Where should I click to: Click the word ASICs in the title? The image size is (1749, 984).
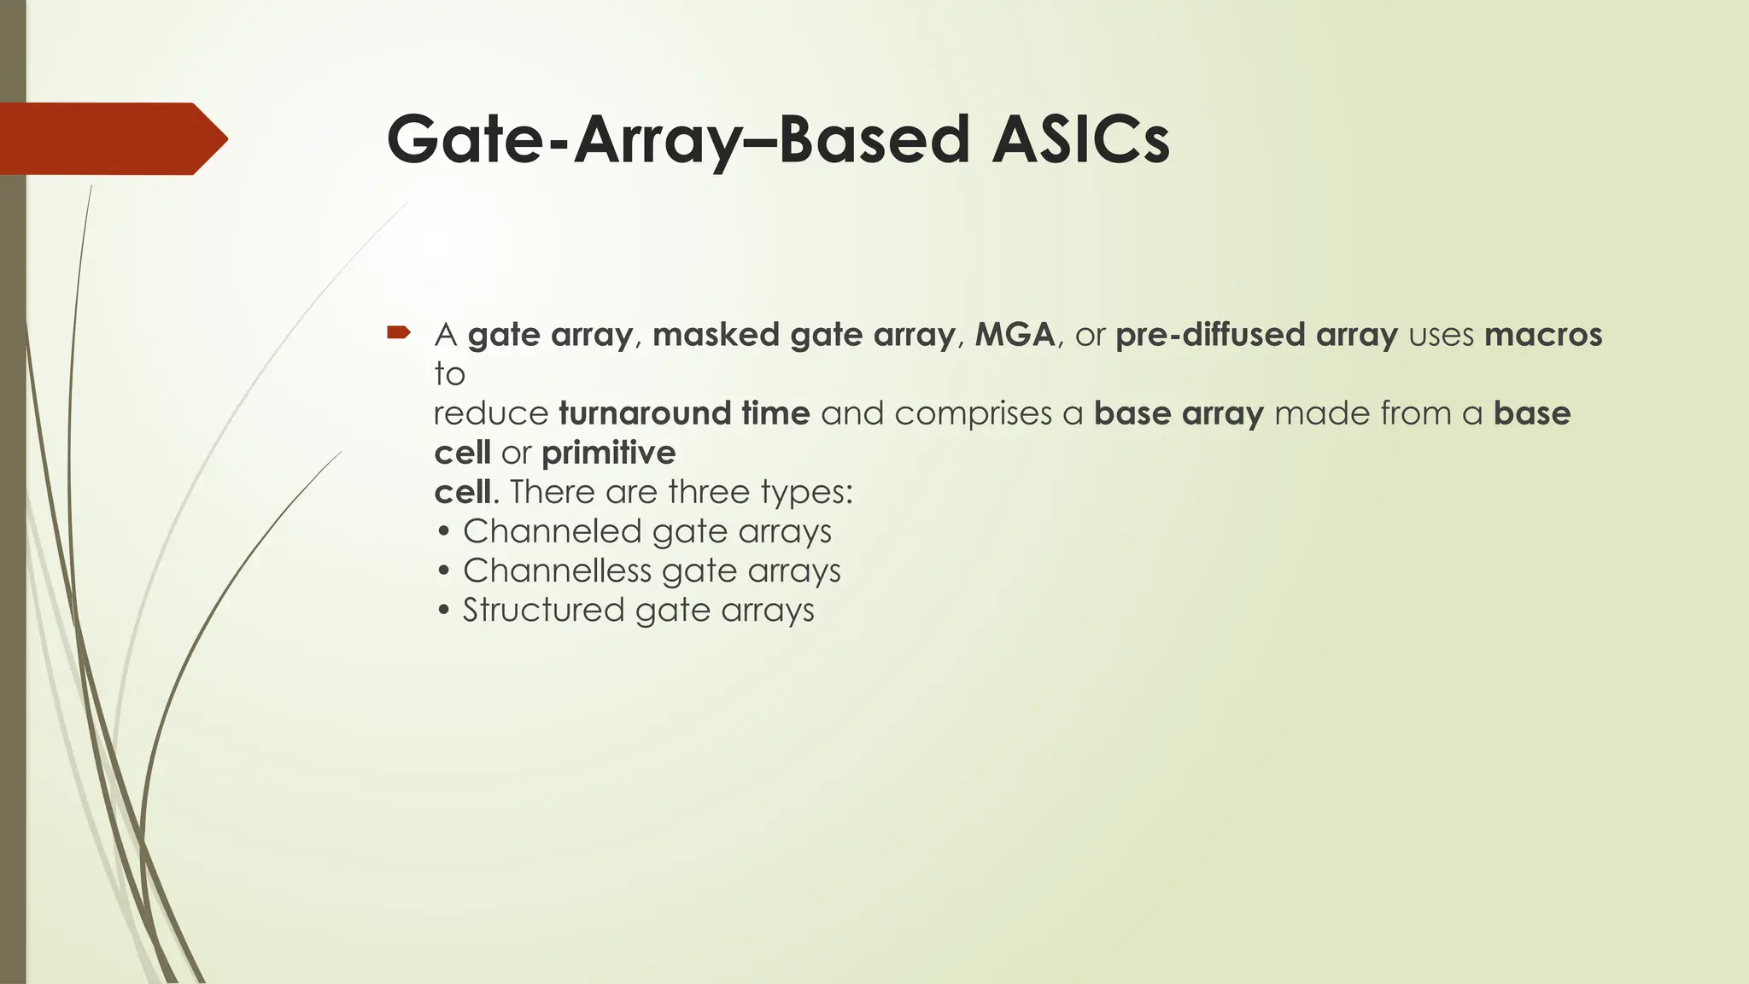click(1080, 139)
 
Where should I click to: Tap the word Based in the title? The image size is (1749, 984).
click(874, 139)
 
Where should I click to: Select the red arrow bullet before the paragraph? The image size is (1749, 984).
click(399, 332)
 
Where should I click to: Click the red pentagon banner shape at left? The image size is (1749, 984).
click(111, 138)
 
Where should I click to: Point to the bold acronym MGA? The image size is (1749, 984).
click(1015, 335)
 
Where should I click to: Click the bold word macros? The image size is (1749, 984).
click(1543, 335)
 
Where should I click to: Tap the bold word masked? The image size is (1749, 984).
click(716, 335)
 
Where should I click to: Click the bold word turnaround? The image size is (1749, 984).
click(644, 413)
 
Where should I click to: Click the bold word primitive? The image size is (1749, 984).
click(608, 454)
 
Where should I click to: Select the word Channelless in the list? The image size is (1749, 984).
click(557, 571)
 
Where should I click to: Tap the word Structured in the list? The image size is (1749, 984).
click(543, 610)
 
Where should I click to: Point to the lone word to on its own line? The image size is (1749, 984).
click(449, 374)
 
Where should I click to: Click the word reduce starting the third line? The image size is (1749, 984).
click(491, 414)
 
